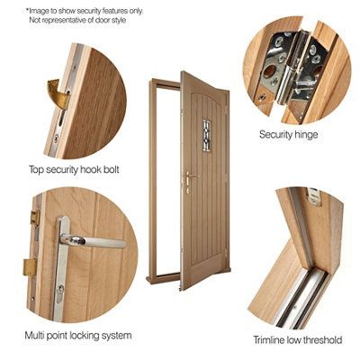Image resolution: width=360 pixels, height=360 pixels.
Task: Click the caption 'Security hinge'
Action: (288, 134)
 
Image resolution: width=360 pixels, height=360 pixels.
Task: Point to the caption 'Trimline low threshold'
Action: (297, 340)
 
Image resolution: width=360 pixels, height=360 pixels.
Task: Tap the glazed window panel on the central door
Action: (205, 133)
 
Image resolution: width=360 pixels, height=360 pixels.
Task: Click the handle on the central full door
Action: (188, 179)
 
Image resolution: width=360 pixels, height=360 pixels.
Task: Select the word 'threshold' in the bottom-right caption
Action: (319, 340)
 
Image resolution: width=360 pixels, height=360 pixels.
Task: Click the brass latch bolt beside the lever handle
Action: (30, 267)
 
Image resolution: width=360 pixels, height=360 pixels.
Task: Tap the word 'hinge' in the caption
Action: (304, 134)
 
